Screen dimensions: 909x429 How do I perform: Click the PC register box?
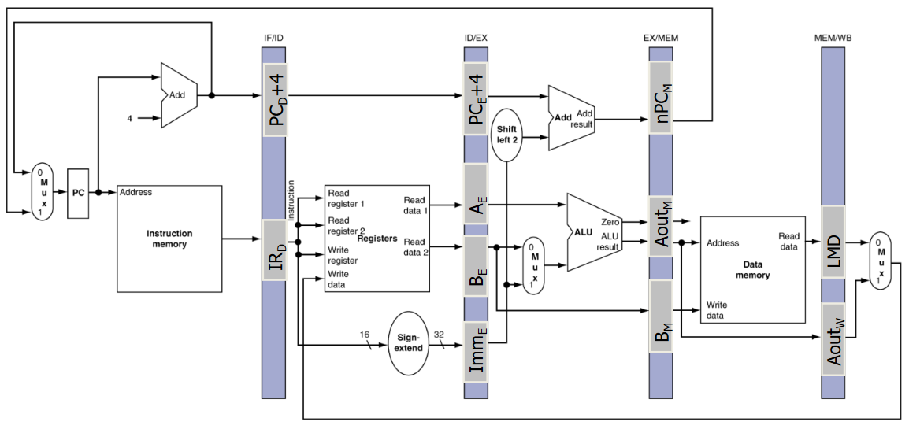78,194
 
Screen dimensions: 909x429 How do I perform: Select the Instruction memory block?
170,238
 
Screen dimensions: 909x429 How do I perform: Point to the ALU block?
594,231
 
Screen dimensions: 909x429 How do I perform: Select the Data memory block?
753,270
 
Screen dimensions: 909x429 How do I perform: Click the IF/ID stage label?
273,39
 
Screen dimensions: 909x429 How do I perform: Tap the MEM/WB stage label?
832,39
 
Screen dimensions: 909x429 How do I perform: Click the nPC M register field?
660,99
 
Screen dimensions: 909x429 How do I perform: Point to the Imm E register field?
475,351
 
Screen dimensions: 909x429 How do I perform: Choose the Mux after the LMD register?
880,261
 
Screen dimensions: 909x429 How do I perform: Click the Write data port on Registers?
339,279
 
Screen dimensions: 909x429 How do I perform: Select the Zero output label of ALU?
611,222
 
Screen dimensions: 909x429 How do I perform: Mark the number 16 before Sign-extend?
364,334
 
